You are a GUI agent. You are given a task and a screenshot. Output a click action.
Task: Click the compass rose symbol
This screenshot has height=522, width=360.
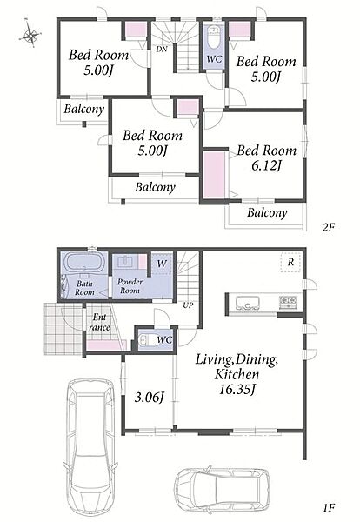[30, 34]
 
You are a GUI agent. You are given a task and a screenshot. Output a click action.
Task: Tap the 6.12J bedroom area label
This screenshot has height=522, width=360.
[265, 165]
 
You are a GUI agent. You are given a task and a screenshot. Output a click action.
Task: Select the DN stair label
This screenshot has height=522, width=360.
[162, 50]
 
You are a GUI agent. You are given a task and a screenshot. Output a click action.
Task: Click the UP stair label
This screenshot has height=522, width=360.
[189, 305]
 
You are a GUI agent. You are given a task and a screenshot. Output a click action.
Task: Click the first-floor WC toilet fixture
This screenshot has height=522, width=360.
[145, 340]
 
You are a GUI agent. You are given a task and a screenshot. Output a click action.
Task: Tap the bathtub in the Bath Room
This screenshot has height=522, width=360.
[84, 263]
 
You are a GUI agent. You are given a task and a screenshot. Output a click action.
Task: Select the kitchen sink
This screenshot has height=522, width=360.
[247, 303]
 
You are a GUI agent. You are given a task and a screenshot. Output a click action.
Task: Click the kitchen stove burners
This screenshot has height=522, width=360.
[288, 302]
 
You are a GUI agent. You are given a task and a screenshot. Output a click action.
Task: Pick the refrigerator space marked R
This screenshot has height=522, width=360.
[290, 263]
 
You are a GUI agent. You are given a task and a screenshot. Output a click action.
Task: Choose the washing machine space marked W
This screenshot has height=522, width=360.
[162, 264]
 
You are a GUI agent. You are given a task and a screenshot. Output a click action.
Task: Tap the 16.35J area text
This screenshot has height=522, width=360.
[237, 389]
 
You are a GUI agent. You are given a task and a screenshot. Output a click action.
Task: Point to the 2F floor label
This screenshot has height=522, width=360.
[328, 228]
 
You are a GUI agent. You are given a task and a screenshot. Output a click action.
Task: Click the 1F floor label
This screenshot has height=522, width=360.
[328, 508]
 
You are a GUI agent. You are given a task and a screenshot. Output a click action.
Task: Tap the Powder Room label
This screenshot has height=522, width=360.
[130, 286]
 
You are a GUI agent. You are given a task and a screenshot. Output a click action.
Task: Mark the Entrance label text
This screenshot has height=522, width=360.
[99, 322]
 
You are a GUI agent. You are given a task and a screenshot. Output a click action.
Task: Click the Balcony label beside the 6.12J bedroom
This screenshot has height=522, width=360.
[267, 213]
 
